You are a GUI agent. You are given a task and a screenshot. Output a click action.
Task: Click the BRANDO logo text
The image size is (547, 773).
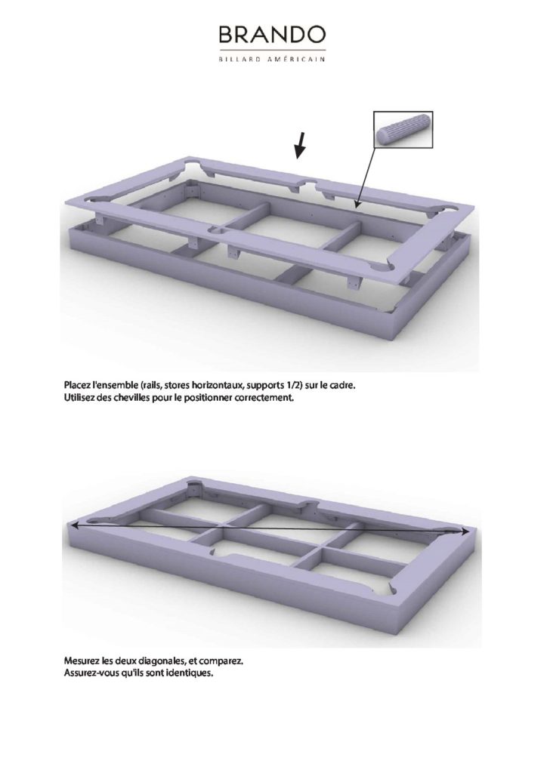[272, 35]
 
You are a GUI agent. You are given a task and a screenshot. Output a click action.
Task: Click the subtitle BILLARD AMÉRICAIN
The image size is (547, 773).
[272, 59]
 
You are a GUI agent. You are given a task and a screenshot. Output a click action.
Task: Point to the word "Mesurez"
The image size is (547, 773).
[79, 660]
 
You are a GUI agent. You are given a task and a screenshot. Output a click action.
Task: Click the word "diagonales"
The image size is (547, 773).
[151, 660]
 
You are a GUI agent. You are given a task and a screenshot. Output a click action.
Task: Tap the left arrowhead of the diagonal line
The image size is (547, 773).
[75, 526]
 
